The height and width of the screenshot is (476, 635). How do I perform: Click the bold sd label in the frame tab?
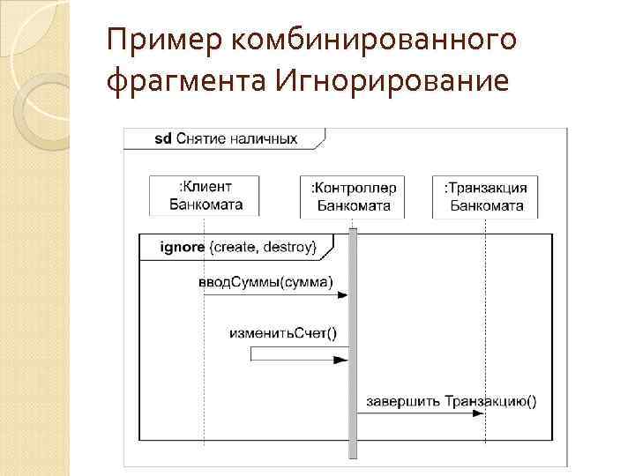point(162,138)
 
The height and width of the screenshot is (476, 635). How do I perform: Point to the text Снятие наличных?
point(236,138)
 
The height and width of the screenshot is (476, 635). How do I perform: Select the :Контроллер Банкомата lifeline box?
point(353,197)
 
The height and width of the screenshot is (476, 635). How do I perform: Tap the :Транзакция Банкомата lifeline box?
point(485,197)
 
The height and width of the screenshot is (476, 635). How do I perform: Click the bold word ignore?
point(183,247)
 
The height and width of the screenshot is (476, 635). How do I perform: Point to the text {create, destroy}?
point(263,247)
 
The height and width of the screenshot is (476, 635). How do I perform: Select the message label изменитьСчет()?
point(282,332)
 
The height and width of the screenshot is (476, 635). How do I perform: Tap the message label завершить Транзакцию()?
point(447,401)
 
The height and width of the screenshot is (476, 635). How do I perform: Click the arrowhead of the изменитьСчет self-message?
point(341,360)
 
